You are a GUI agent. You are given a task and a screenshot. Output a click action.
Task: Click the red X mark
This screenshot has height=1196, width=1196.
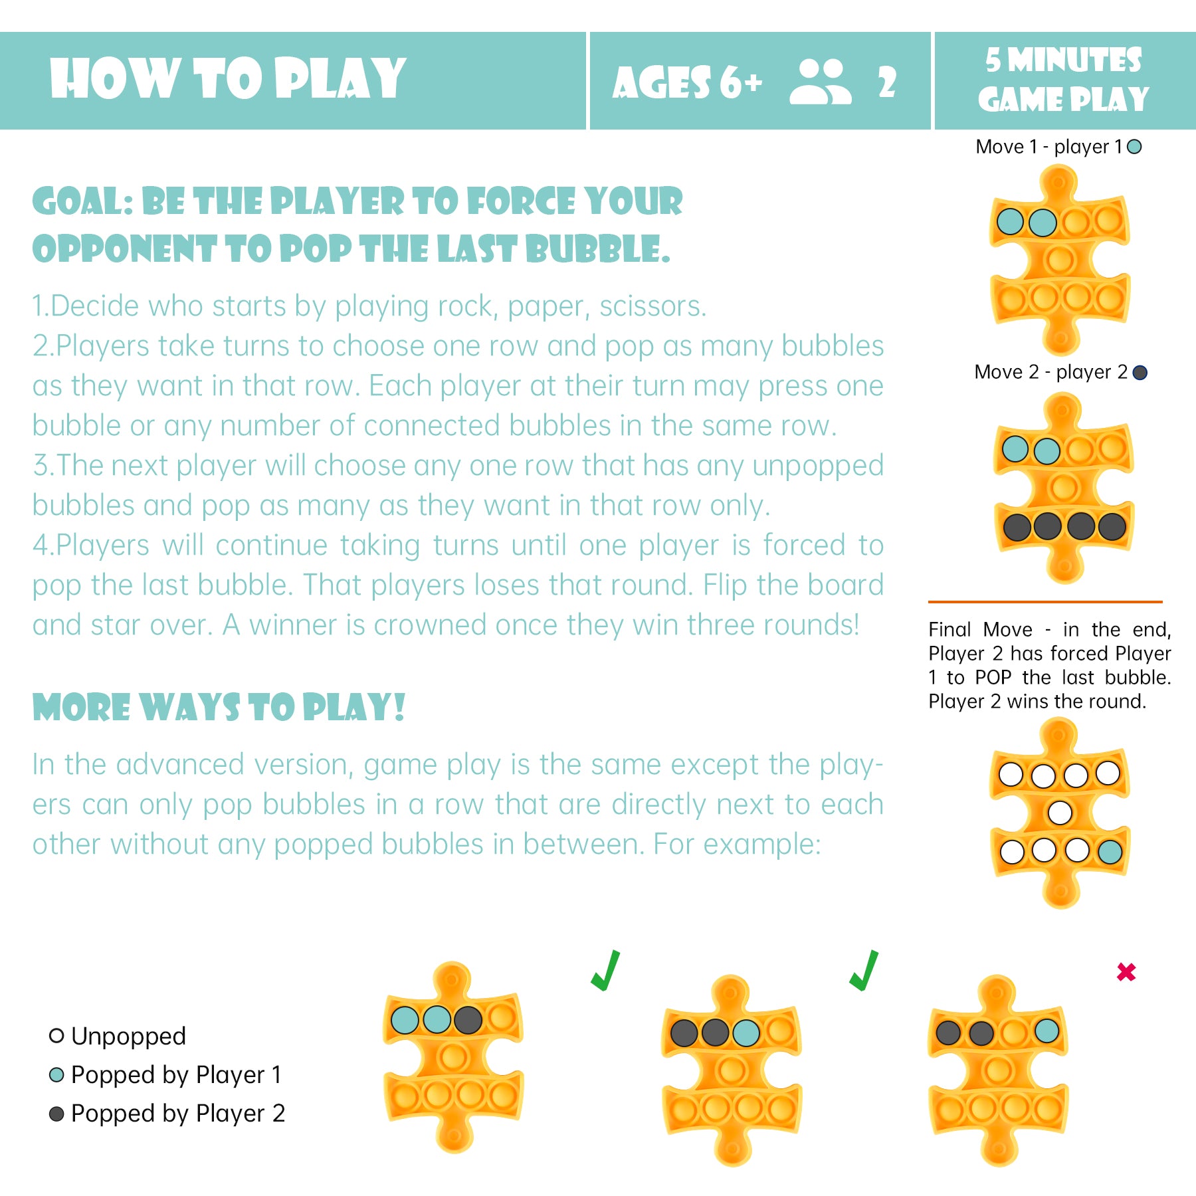click(x=1126, y=972)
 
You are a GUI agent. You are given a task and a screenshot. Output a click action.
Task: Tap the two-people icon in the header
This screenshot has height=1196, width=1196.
click(x=821, y=82)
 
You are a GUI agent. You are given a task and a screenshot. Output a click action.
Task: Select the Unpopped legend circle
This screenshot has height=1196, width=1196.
click(x=56, y=1035)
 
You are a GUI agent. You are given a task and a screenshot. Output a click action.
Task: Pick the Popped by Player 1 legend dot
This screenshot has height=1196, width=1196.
click(x=56, y=1074)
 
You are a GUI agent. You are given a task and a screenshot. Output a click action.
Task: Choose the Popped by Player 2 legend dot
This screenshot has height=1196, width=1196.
click(x=56, y=1113)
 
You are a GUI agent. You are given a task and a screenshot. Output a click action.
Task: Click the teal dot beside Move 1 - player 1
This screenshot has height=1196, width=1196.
click(x=1135, y=146)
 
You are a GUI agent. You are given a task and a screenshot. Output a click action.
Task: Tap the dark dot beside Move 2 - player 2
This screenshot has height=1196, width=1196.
click(x=1140, y=372)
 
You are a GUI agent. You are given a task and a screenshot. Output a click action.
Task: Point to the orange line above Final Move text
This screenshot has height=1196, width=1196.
click(x=1045, y=601)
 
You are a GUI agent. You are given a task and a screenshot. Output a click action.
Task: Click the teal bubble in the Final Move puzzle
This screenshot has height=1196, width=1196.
click(x=1110, y=851)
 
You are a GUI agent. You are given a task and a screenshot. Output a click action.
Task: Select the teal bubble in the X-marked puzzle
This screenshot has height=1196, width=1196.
click(x=1047, y=1031)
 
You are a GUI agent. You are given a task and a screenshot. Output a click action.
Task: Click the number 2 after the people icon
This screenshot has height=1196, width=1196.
click(x=887, y=82)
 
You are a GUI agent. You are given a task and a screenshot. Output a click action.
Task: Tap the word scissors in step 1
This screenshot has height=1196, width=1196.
click(x=652, y=306)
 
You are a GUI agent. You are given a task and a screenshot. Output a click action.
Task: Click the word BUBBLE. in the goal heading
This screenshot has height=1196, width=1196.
click(x=598, y=249)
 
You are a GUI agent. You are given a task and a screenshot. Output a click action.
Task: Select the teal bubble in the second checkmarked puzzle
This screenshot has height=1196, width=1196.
click(x=746, y=1033)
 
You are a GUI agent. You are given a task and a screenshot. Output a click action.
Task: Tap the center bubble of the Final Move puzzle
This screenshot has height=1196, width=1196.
click(x=1060, y=812)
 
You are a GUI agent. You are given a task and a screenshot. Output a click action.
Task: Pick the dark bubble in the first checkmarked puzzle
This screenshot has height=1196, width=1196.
click(x=468, y=1019)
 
